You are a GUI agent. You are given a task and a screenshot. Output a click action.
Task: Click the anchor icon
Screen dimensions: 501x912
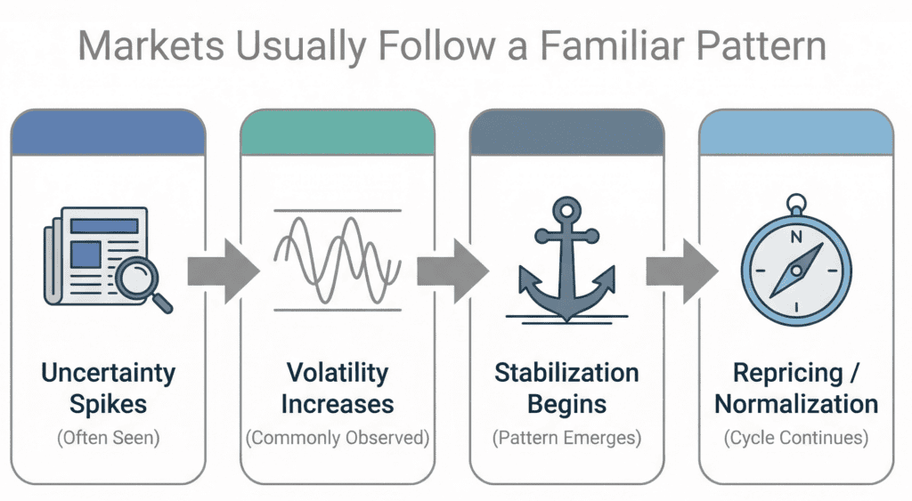pyautogui.click(x=567, y=263)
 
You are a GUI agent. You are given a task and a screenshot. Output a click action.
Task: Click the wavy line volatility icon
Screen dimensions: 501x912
pyautogui.click(x=337, y=261)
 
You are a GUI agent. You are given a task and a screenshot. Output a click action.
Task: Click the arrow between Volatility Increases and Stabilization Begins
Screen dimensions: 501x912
pyautogui.click(x=452, y=266)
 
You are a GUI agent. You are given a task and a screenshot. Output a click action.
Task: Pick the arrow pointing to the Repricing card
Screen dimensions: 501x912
pyautogui.click(x=681, y=266)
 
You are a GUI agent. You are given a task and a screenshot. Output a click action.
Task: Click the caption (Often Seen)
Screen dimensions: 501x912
pyautogui.click(x=108, y=438)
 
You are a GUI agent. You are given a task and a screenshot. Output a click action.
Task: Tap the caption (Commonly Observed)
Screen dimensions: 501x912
pyautogui.click(x=338, y=438)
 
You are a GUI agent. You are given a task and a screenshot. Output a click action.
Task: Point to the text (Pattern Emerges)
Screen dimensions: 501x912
pyautogui.click(x=566, y=438)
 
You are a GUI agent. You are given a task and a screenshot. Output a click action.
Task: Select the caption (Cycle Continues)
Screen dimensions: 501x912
pyautogui.click(x=796, y=438)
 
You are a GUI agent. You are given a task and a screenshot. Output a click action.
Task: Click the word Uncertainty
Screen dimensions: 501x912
pyautogui.click(x=108, y=372)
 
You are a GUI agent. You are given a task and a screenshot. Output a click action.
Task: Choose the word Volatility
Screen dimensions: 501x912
pyautogui.click(x=338, y=372)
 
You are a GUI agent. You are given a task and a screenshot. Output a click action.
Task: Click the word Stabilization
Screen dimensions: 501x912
pyautogui.click(x=566, y=372)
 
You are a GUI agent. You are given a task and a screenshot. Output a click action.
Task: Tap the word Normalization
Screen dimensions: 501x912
pyautogui.click(x=796, y=404)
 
